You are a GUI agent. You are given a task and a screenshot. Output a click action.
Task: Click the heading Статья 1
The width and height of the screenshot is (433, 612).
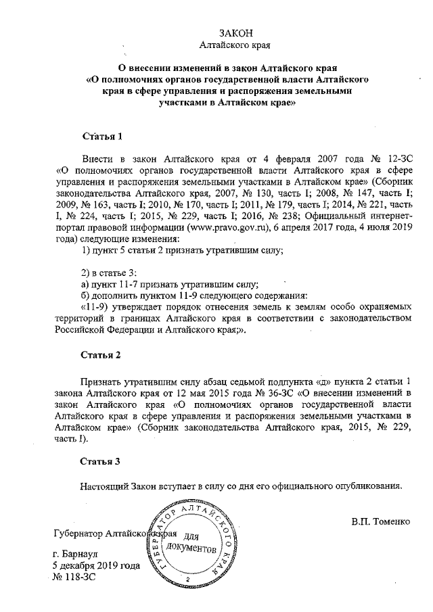(101, 136)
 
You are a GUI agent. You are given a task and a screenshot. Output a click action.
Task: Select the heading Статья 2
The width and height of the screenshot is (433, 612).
(101, 354)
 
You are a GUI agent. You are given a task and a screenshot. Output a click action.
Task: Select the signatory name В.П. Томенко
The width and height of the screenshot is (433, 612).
(380, 521)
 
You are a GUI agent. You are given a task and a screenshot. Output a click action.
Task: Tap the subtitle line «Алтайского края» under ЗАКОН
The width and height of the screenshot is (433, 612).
(236, 47)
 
